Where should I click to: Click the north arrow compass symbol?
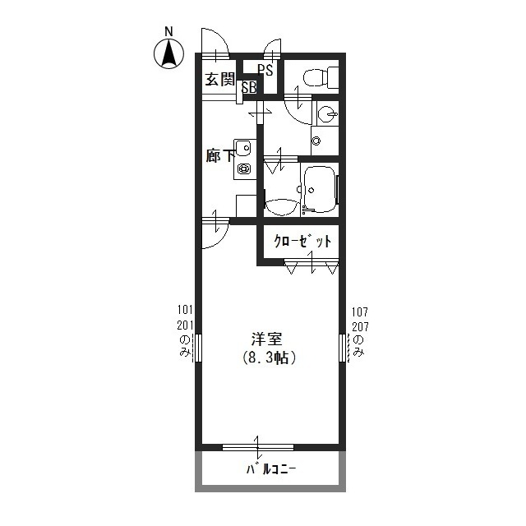pyautogui.click(x=168, y=54)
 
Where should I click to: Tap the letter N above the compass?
pyautogui.click(x=168, y=32)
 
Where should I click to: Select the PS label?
pyautogui.click(x=265, y=70)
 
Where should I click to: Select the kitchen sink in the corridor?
pyautogui.click(x=243, y=148)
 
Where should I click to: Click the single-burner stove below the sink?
pyautogui.click(x=243, y=170)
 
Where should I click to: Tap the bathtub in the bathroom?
pyautogui.click(x=319, y=189)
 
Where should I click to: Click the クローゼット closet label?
pyautogui.click(x=302, y=242)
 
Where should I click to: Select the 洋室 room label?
pyautogui.click(x=266, y=339)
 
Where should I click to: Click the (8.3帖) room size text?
pyautogui.click(x=269, y=358)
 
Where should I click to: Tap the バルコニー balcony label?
pyautogui.click(x=270, y=471)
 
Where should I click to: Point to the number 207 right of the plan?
pyautogui.click(x=359, y=326)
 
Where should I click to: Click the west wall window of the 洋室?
pyautogui.click(x=197, y=347)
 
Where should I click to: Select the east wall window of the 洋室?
pyautogui.click(x=342, y=347)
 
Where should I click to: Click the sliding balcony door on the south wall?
pyautogui.click(x=258, y=448)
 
